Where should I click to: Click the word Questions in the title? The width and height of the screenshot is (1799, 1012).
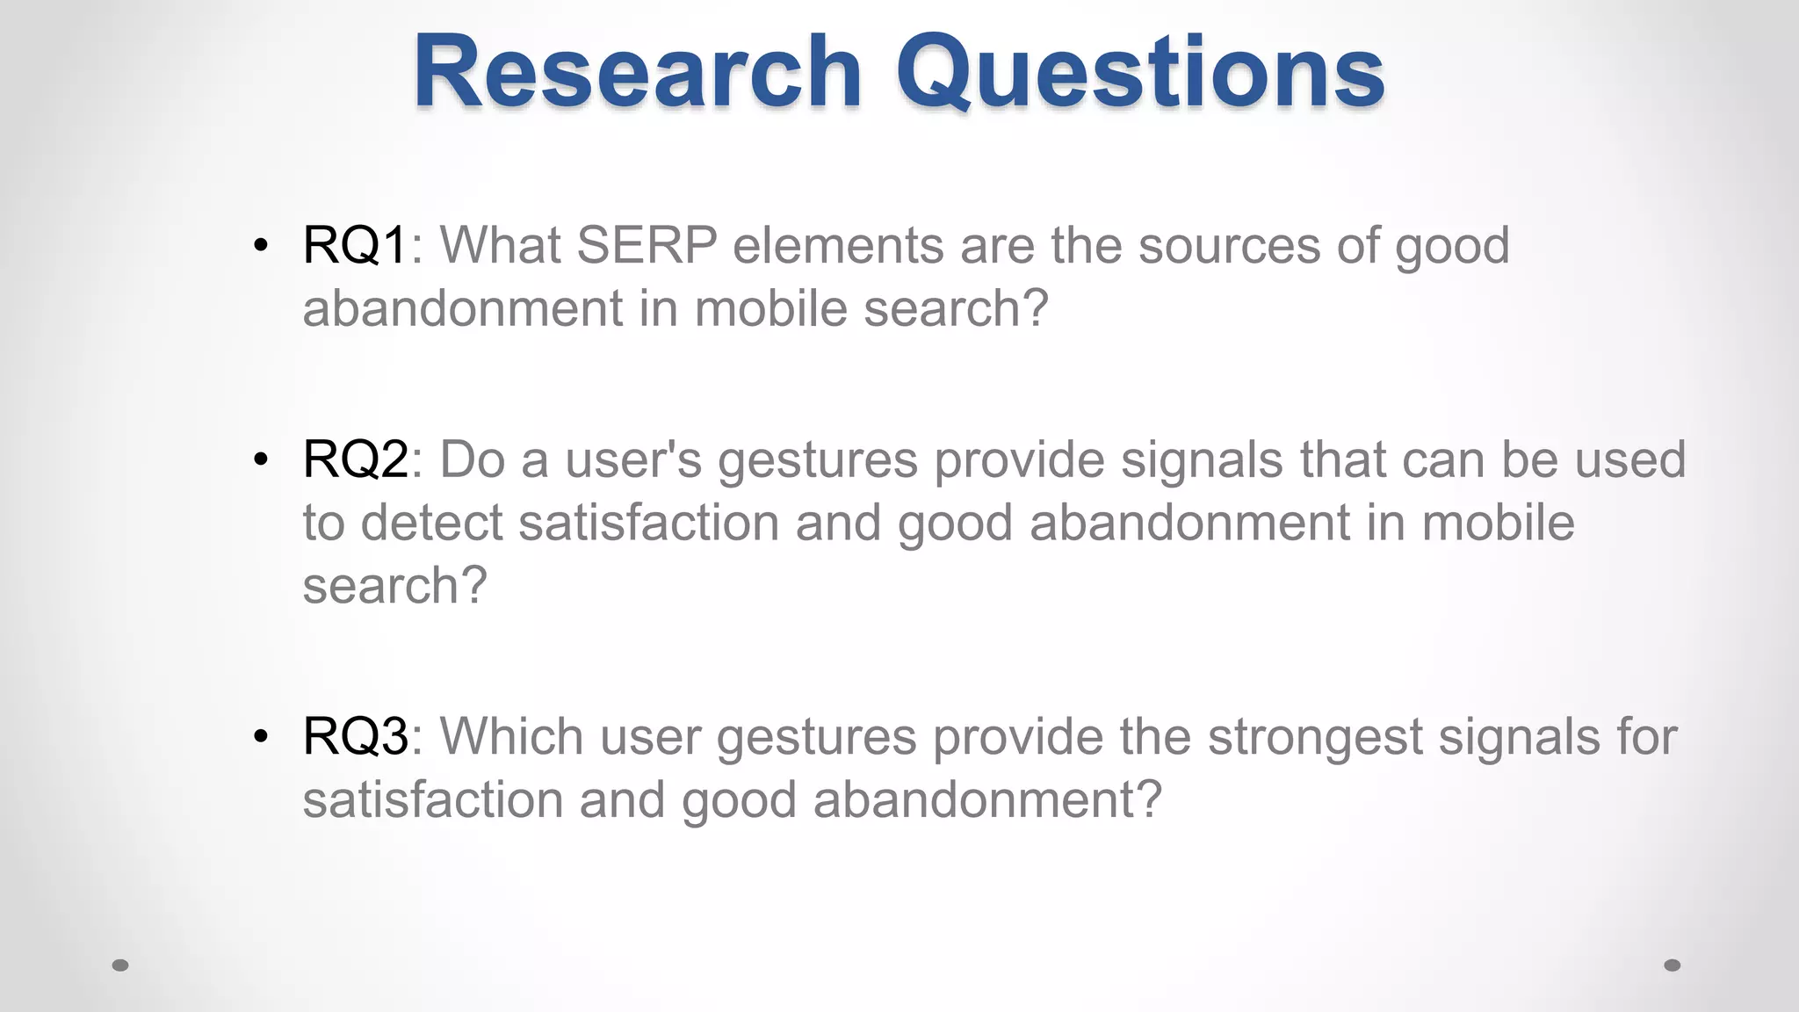pos(1140,72)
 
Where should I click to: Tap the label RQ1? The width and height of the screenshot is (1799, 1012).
pos(354,245)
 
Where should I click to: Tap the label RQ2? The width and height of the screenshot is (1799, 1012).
pos(355,459)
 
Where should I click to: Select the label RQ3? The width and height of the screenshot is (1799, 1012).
pos(355,736)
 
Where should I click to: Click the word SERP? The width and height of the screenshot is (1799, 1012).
pos(647,245)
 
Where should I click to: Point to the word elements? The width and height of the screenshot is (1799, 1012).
pos(838,245)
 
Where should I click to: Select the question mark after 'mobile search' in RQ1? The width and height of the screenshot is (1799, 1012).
pos(1036,308)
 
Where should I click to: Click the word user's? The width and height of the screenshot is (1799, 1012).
pos(633,459)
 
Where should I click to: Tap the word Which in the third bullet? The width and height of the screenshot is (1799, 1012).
pos(511,736)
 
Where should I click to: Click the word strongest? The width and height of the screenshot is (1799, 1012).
pos(1315,736)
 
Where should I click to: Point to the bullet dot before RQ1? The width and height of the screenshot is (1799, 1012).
pos(260,246)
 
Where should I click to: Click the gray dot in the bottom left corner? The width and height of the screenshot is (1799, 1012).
pos(121,965)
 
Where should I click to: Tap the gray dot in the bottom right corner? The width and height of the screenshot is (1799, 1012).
pos(1673,965)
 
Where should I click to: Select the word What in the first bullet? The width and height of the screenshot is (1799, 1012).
pos(500,245)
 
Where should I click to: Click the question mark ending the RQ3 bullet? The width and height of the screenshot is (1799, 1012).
pos(1149,799)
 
